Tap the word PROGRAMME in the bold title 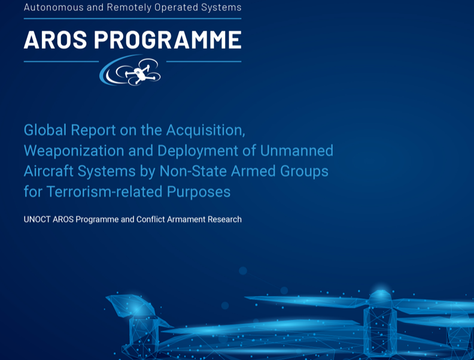pos(168,40)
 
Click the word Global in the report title pos(45,130)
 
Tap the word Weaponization pos(74,151)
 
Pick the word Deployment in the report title pos(197,151)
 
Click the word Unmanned pos(297,151)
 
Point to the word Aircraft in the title pos(48,171)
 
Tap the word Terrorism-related pos(104,192)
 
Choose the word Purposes pos(199,192)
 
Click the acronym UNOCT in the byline pos(37,219)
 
